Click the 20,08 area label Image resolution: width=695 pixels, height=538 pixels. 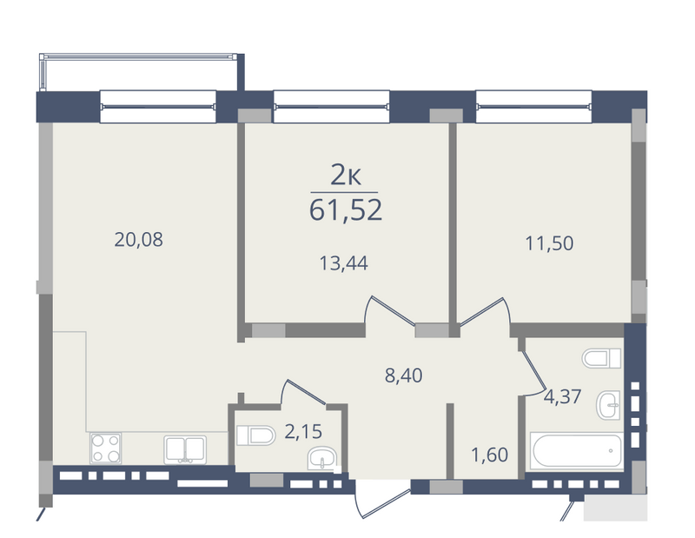tap(138, 240)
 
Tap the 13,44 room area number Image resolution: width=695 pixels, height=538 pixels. tap(343, 263)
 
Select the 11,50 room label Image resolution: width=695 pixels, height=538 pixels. tap(549, 243)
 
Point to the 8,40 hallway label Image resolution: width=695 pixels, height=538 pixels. tap(403, 375)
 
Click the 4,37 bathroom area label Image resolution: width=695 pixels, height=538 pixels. tap(562, 396)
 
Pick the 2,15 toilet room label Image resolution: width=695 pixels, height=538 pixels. tap(303, 432)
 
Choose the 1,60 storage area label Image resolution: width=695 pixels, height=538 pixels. tap(489, 455)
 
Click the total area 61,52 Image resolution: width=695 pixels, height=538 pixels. tap(345, 209)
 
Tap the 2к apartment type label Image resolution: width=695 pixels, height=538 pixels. tap(346, 176)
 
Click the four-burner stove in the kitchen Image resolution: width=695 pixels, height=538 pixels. tap(105, 448)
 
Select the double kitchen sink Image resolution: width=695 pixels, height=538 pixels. tap(185, 449)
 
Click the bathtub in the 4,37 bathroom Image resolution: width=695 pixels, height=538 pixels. tap(577, 450)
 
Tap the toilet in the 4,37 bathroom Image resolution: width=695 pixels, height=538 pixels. tap(602, 358)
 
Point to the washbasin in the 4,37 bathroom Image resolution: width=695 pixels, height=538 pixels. tap(609, 405)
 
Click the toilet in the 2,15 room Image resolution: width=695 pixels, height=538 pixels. tap(255, 435)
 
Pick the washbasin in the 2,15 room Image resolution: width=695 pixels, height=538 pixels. tap(322, 458)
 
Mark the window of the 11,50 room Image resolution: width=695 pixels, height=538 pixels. tap(533, 106)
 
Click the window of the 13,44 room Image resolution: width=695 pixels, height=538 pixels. tap(332, 106)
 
